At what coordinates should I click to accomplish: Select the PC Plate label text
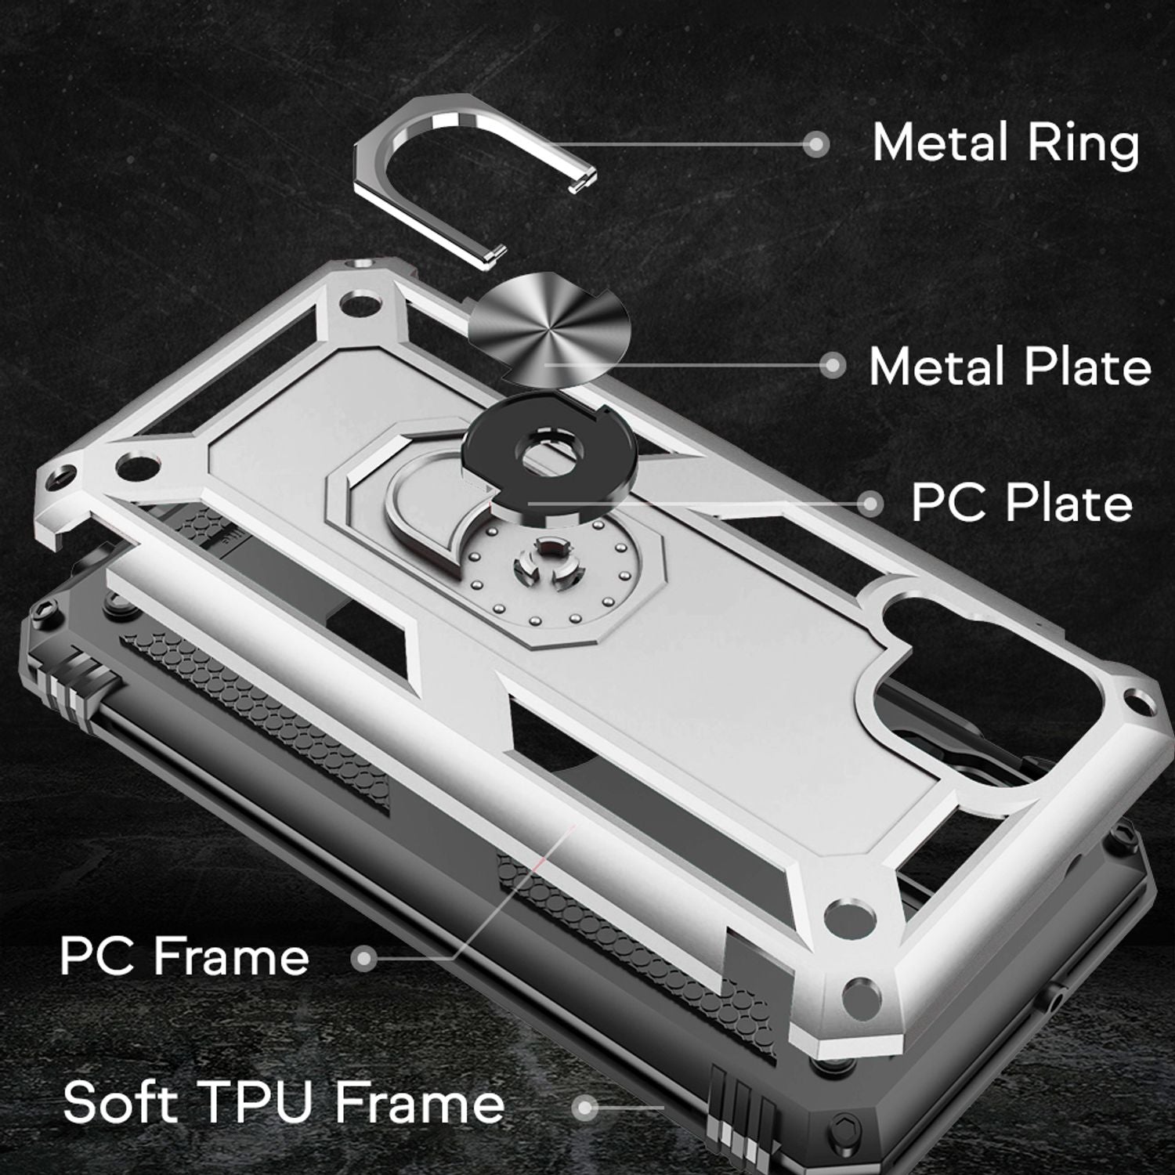1021,504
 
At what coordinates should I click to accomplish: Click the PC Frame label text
185,956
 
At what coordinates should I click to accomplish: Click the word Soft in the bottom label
119,1101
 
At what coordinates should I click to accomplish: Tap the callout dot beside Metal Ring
817,144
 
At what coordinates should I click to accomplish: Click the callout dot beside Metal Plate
833,365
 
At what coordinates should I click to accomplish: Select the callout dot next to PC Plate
869,504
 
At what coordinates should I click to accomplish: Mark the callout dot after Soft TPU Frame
584,1107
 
